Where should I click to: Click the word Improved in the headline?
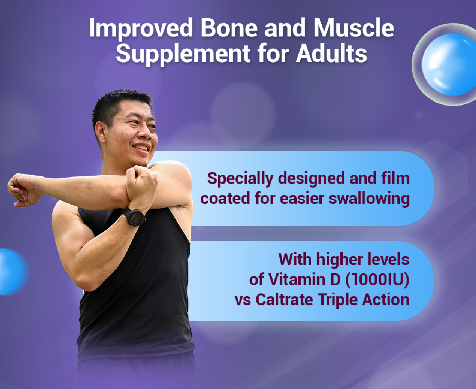[141, 29]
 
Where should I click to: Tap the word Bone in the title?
[229, 28]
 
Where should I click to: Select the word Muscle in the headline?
[354, 28]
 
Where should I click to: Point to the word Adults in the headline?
[332, 53]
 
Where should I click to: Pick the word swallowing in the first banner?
[369, 199]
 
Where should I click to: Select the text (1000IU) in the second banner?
[377, 279]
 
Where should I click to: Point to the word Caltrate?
[284, 300]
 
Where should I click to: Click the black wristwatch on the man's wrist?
[135, 217]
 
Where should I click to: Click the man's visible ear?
[100, 133]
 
